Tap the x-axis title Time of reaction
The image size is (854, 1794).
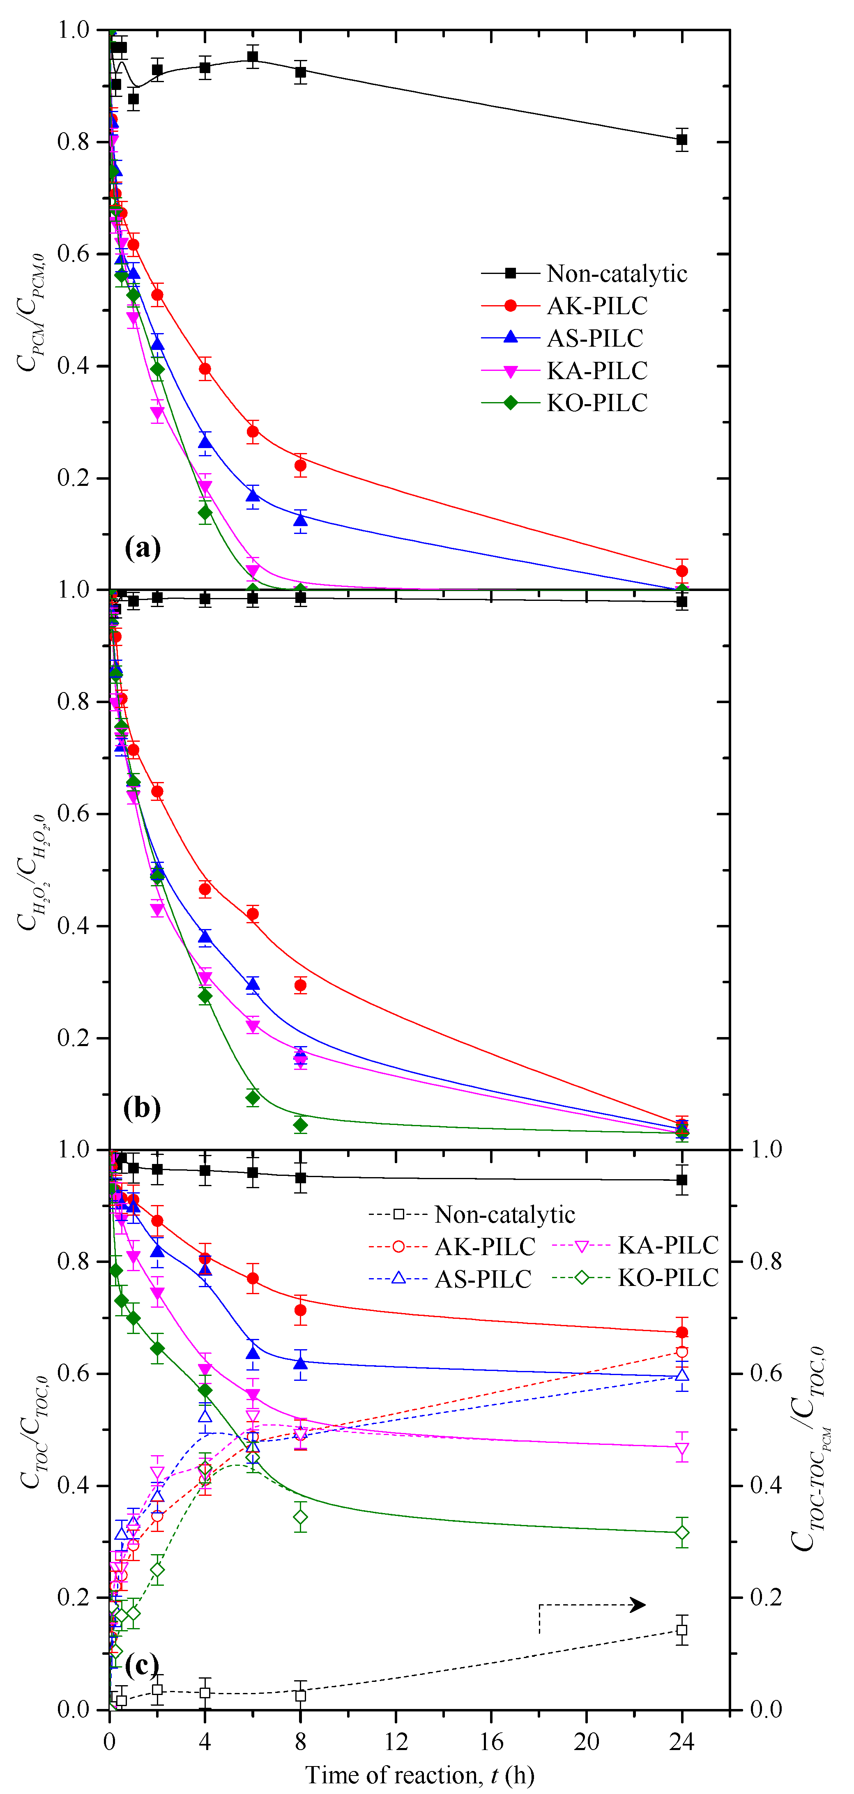click(419, 1775)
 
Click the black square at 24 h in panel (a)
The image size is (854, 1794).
click(682, 140)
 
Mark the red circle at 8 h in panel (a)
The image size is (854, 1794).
click(300, 465)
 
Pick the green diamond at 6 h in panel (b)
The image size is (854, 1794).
click(253, 1097)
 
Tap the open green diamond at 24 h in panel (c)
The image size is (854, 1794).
click(682, 1533)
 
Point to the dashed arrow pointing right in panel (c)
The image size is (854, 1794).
click(592, 1605)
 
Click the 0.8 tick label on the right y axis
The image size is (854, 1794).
click(766, 1261)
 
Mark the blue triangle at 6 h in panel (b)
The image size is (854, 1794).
click(253, 984)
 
